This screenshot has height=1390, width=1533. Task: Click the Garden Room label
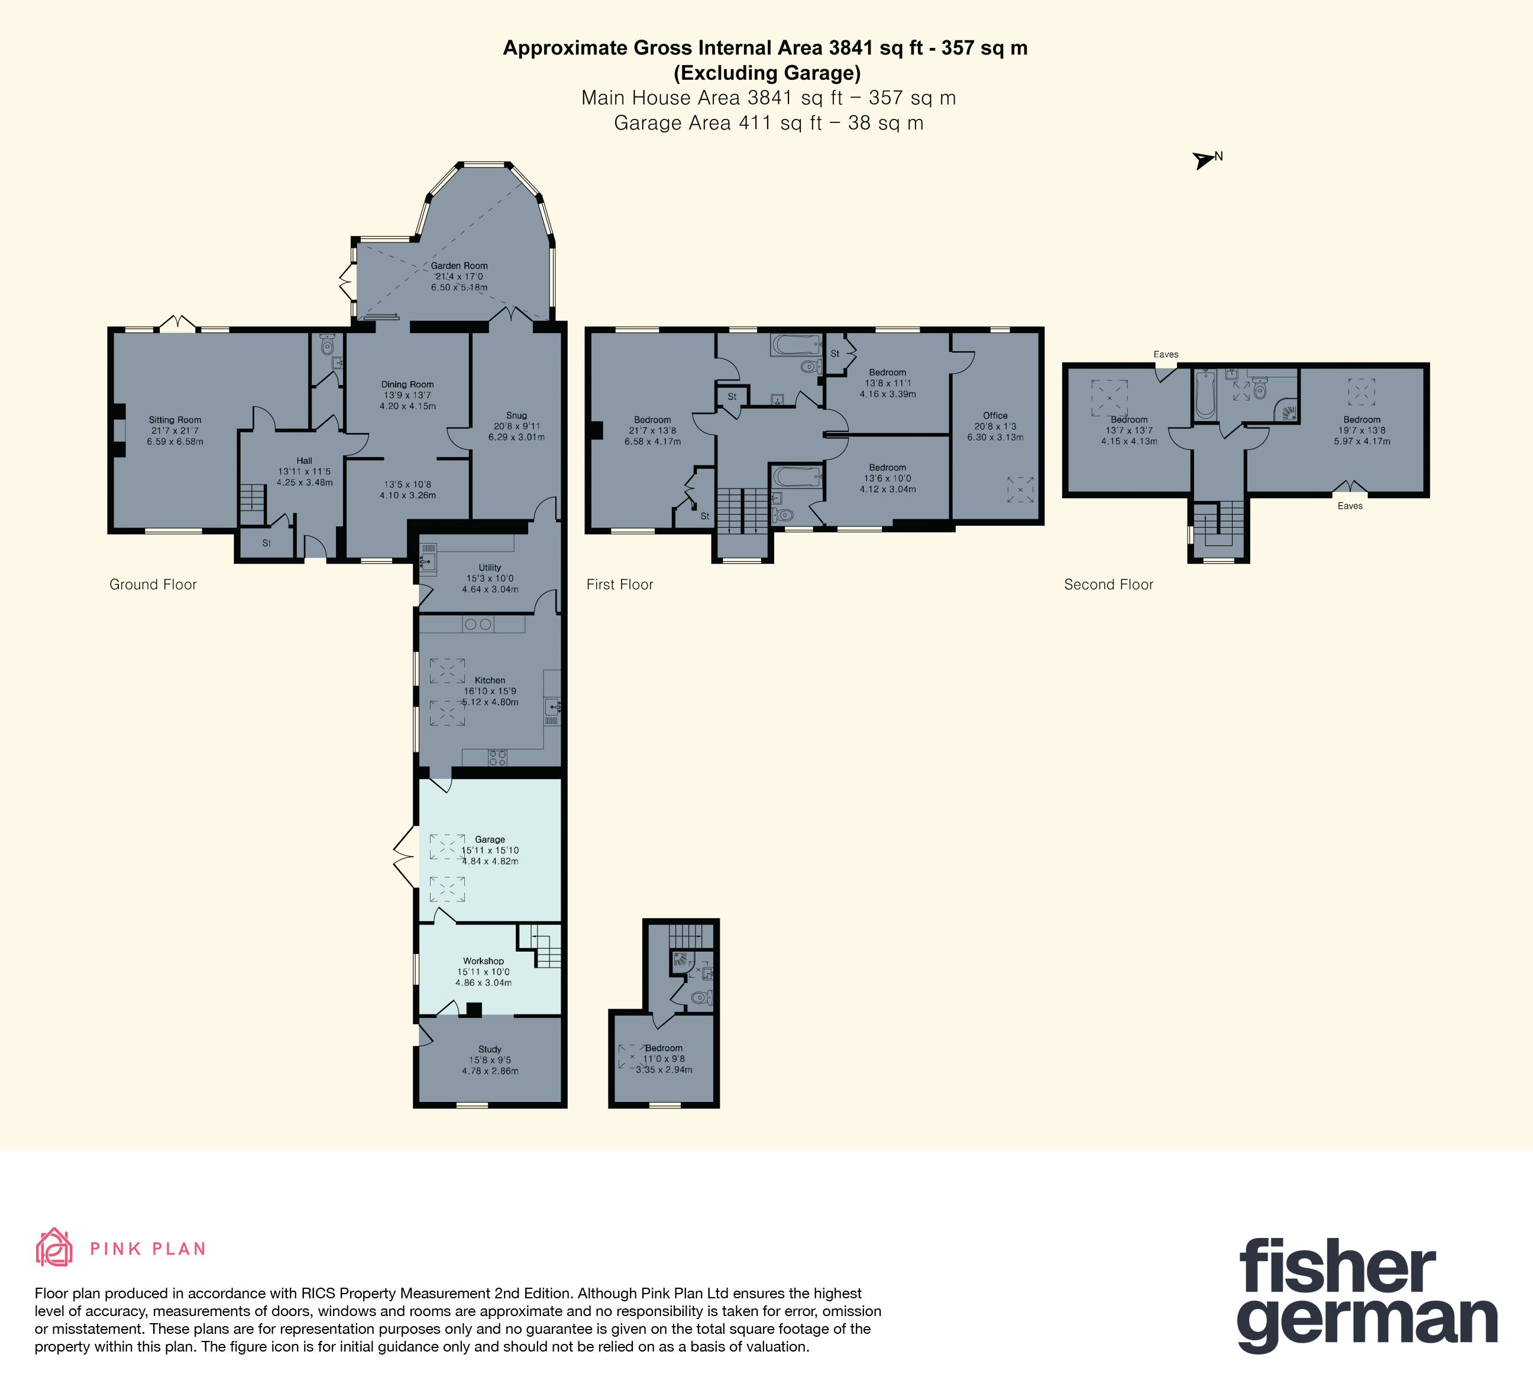coord(460,266)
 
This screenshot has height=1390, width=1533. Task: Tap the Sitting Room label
coord(175,420)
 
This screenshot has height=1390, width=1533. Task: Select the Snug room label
coord(516,416)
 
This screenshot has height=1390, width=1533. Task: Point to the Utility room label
coord(490,567)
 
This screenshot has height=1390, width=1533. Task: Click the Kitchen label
coord(490,681)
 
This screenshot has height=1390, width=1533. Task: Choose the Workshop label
coord(484,961)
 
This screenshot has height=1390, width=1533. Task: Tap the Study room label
coord(490,1049)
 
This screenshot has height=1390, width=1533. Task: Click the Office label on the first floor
coord(995,416)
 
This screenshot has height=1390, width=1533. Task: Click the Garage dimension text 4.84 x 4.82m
coord(490,862)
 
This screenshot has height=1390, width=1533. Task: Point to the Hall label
coord(304,461)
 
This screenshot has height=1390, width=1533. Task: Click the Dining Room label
coord(407,384)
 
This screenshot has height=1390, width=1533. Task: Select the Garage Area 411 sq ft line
coord(769,123)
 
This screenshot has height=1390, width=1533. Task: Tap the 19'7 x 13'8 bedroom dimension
coord(1362,431)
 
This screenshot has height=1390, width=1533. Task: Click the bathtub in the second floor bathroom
coord(1205,394)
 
